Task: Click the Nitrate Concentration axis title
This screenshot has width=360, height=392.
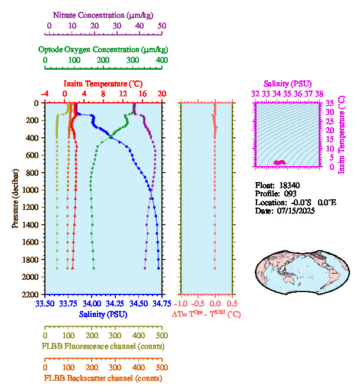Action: tap(105, 14)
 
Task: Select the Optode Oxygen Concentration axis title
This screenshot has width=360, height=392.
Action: tap(103, 49)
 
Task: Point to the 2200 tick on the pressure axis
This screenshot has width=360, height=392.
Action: tap(31, 294)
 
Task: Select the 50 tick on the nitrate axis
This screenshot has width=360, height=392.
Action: tap(162, 25)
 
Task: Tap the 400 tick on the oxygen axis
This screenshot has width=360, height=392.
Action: tap(162, 60)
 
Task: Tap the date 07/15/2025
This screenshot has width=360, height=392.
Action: tap(296, 210)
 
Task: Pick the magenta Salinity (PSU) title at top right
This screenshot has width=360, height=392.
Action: tap(287, 84)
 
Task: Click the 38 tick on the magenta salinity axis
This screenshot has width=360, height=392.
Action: tap(319, 93)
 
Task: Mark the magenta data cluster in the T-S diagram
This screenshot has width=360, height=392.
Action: tap(279, 162)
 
